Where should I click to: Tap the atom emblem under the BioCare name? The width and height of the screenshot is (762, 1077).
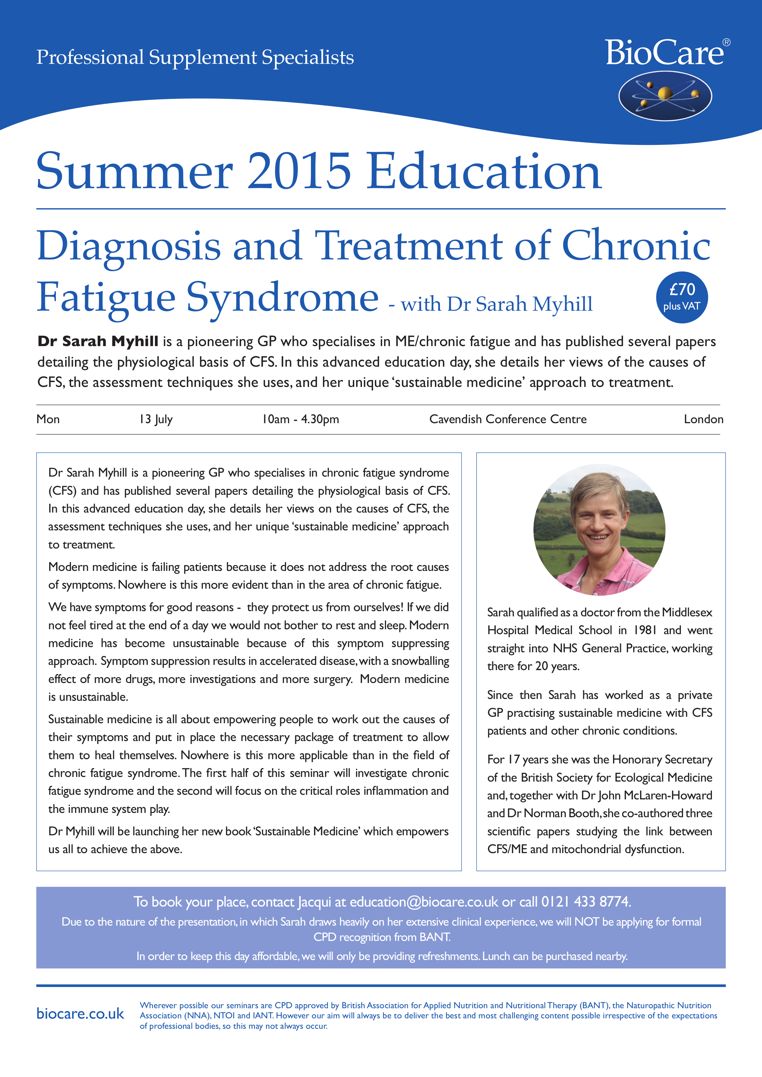pos(665,96)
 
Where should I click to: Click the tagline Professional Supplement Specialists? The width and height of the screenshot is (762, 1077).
pos(195,57)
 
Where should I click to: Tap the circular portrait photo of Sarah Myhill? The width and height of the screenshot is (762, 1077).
pos(599,529)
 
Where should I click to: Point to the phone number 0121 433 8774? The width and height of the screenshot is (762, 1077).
pos(586,902)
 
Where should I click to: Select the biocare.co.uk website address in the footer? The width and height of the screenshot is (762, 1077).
pos(80,1014)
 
